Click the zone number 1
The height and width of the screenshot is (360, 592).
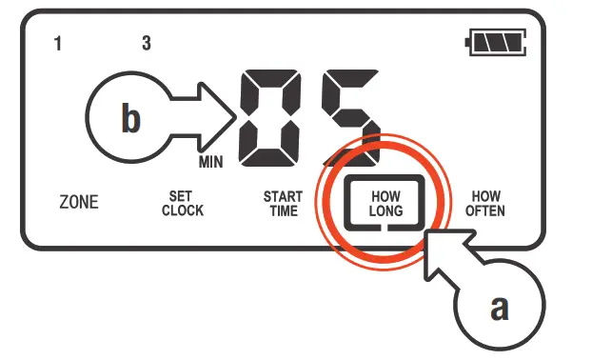tap(59, 44)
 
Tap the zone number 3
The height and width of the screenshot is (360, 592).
tap(146, 44)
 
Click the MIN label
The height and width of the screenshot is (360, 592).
tap(211, 163)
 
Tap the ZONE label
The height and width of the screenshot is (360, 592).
tap(78, 203)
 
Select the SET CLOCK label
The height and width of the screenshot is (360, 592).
tap(182, 203)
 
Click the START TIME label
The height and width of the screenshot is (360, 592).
tap(283, 203)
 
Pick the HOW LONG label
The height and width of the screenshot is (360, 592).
tap(386, 203)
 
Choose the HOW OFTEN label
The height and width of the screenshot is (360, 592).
tap(485, 203)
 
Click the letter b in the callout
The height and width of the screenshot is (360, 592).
tap(131, 119)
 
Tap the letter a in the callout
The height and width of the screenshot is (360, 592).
tap(498, 309)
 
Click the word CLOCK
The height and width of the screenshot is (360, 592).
tap(182, 210)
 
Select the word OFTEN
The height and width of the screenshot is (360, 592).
tap(485, 210)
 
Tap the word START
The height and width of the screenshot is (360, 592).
tap(283, 196)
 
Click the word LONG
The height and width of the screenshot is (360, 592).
tap(386, 210)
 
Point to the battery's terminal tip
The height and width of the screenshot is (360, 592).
tap(467, 42)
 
